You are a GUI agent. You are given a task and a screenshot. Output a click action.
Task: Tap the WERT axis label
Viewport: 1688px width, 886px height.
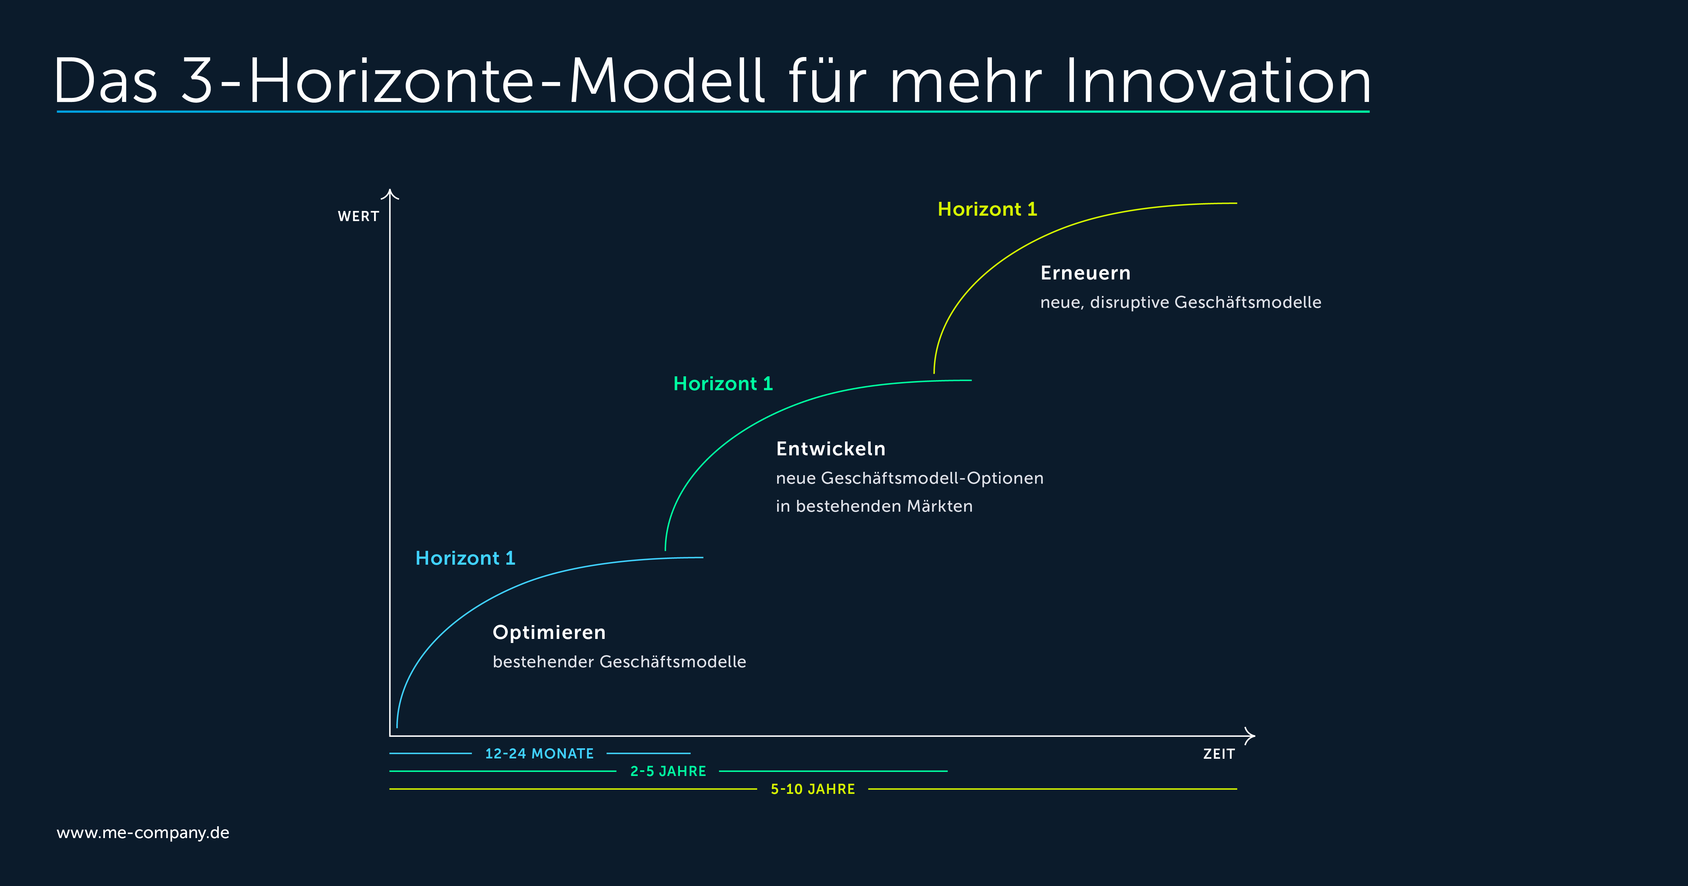(359, 216)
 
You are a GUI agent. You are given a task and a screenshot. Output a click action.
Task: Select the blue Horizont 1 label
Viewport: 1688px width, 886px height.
(465, 558)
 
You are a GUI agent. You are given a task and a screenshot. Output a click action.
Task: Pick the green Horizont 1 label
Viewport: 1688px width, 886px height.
(723, 384)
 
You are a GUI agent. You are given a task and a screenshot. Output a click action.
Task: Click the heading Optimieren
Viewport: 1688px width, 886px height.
(549, 633)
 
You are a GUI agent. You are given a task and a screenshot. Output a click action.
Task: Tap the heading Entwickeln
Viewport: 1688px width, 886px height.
(830, 449)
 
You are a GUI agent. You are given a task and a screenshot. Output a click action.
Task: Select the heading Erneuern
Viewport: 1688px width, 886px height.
(1085, 273)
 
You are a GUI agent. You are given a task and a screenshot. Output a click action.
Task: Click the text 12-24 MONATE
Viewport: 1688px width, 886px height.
(539, 754)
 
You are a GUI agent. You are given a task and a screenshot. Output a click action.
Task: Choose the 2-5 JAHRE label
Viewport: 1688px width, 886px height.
(668, 771)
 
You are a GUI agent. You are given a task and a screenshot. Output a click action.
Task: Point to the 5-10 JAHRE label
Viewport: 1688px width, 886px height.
(813, 789)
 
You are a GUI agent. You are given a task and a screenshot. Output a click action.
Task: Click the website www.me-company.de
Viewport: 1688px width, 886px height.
(143, 833)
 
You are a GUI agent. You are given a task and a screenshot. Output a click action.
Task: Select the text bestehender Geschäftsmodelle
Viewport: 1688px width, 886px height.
(619, 662)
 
